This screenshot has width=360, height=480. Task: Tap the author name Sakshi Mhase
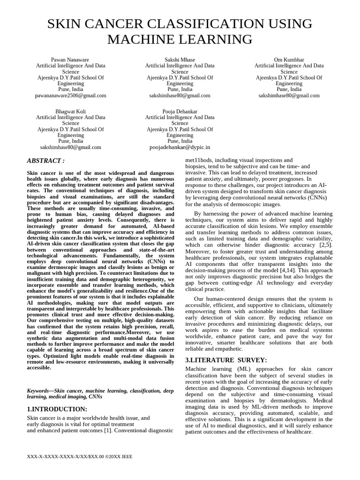click(180, 60)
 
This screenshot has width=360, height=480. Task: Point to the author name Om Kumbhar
click(289, 60)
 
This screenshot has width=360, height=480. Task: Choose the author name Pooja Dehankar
click(180, 111)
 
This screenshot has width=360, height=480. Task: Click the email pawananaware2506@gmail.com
click(71, 95)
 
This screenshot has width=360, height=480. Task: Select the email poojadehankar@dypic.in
click(180, 147)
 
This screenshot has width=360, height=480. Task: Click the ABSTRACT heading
click(46, 161)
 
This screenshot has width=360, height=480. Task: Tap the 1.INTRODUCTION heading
click(57, 409)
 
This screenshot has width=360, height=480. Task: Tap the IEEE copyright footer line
click(81, 455)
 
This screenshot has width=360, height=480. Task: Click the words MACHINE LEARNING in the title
click(180, 39)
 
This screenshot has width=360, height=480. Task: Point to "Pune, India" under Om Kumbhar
click(289, 89)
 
